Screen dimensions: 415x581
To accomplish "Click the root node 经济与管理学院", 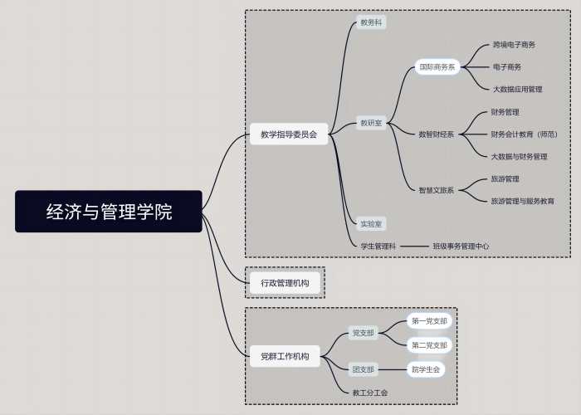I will click(x=109, y=212).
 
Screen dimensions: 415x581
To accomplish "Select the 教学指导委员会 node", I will click(x=289, y=134).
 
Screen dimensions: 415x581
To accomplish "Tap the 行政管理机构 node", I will click(x=285, y=283).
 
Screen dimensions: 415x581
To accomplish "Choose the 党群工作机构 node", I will click(x=285, y=356).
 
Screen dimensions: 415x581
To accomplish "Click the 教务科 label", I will click(x=371, y=22).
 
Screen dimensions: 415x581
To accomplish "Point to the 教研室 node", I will click(x=371, y=123).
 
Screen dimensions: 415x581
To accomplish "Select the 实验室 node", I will click(x=371, y=223).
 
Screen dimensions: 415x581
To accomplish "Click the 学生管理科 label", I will click(x=378, y=246).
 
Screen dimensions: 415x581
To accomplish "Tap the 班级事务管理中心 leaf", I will click(x=461, y=246).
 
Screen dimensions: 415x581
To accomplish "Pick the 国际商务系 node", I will click(x=437, y=67).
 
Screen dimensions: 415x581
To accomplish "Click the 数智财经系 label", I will click(x=436, y=134).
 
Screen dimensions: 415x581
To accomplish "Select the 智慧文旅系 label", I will click(x=436, y=190).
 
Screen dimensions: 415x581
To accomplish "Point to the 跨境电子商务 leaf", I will click(x=514, y=45).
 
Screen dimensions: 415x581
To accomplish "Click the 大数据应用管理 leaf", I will click(x=517, y=89).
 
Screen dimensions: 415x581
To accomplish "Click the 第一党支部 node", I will click(x=430, y=321).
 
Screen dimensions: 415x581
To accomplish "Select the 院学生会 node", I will click(x=426, y=369).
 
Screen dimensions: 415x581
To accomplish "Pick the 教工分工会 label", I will click(x=370, y=393).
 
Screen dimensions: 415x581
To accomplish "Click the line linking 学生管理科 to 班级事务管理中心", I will click(x=413, y=246).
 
